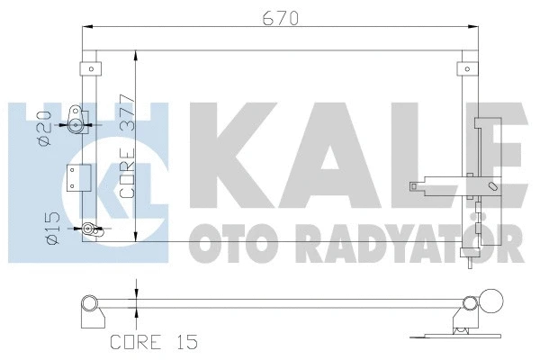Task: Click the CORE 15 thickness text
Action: [152, 341]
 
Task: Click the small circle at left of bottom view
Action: [88, 302]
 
